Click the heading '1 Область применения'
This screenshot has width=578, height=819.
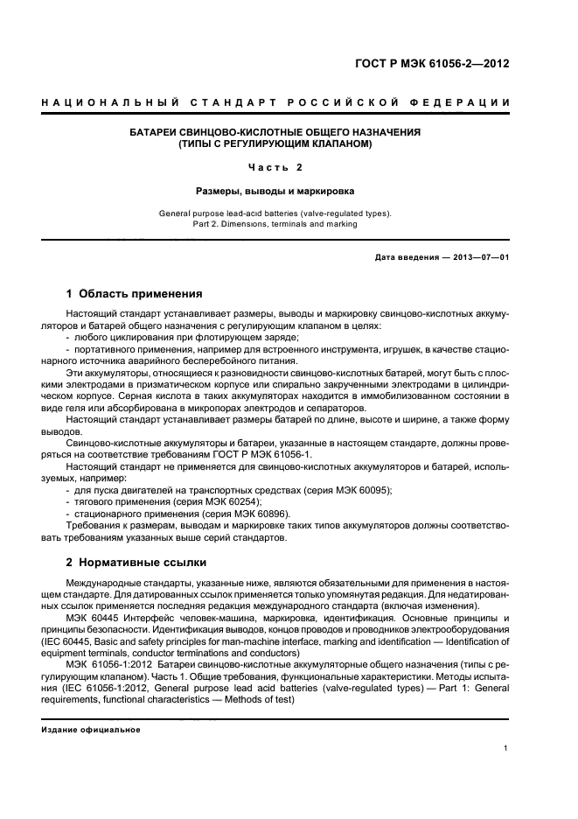pos(135,294)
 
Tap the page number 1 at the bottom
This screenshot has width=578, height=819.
pos(507,747)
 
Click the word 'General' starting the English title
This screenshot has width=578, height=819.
pos(177,213)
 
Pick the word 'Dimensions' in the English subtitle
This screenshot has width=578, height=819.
pos(249,223)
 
